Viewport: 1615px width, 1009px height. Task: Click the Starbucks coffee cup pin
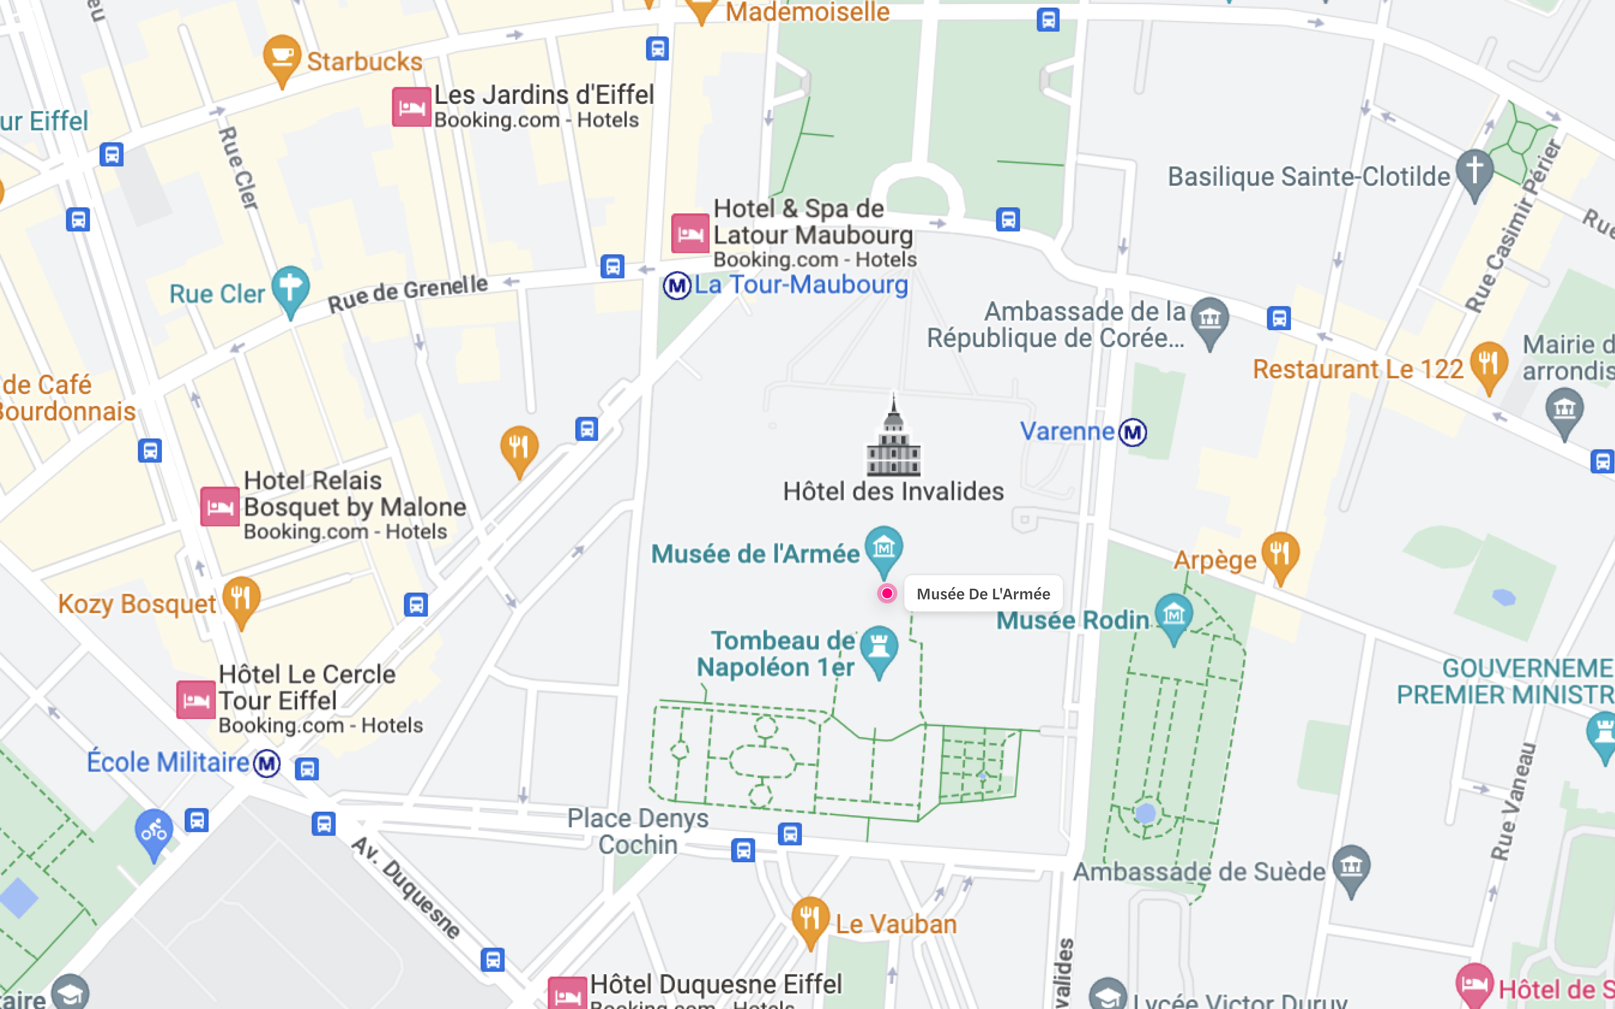pos(282,57)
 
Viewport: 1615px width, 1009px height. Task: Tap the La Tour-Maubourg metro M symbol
pos(677,286)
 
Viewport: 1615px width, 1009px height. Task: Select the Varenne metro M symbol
pos(1133,432)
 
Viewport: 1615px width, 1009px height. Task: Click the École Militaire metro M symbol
pos(267,763)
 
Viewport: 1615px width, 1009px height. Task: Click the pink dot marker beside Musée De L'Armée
pos(887,593)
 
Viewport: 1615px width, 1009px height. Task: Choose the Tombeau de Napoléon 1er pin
pos(879,647)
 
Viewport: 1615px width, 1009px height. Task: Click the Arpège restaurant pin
pos(1280,554)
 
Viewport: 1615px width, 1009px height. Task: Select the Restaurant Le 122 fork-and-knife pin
pos(1488,364)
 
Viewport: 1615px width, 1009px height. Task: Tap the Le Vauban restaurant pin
pos(810,918)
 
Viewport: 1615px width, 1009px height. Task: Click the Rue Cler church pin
pos(290,288)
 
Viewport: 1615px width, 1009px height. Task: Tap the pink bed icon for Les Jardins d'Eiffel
pos(411,107)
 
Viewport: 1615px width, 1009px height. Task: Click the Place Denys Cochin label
pos(637,831)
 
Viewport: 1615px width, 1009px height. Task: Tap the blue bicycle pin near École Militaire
pos(154,831)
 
